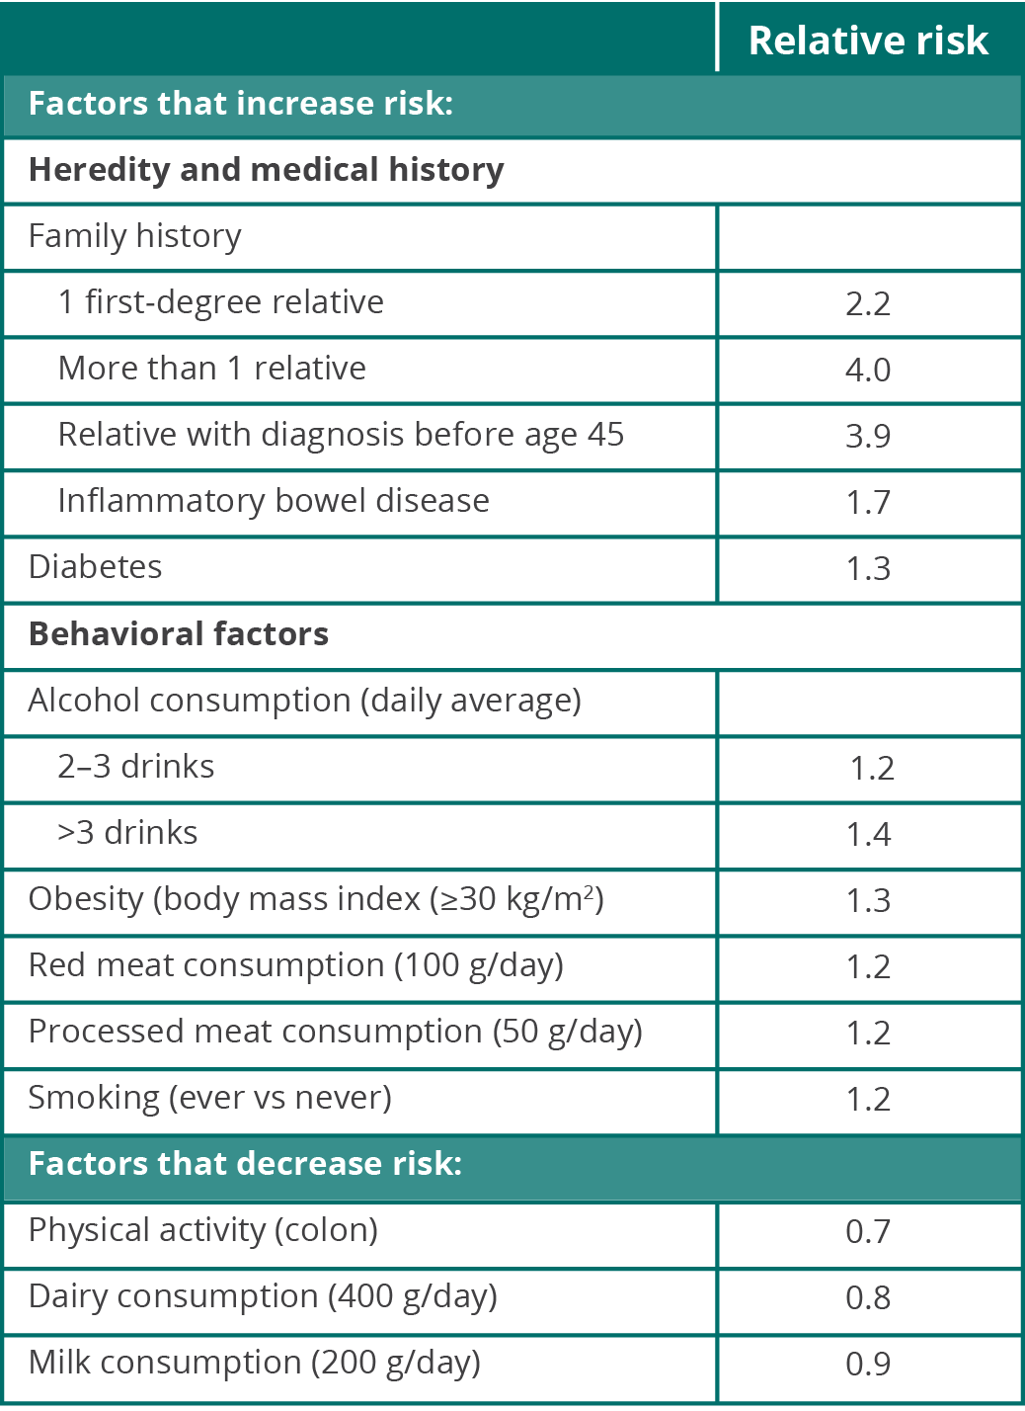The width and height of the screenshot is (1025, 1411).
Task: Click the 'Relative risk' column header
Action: click(x=868, y=41)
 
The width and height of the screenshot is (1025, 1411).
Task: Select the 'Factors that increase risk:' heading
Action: click(x=241, y=104)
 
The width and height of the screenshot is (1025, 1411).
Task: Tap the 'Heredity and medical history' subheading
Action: click(x=267, y=170)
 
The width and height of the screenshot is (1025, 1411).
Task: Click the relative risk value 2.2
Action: click(x=868, y=303)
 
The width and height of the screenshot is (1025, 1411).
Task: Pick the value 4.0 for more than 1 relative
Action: click(x=868, y=370)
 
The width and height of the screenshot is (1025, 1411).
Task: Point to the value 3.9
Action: click(x=868, y=436)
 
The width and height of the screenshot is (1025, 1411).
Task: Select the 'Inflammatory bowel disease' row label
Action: click(x=274, y=501)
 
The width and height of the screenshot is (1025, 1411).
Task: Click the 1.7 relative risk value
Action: click(x=868, y=502)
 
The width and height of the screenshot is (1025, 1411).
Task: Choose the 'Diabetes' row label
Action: click(x=96, y=567)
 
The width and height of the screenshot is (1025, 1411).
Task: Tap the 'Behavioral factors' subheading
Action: click(x=179, y=633)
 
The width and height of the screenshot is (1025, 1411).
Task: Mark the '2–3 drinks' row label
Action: click(x=136, y=767)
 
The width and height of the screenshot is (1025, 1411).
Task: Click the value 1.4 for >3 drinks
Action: click(x=868, y=835)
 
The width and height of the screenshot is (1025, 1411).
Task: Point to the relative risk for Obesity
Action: click(x=868, y=901)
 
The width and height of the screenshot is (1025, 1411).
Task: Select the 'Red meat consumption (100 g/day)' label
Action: click(x=296, y=965)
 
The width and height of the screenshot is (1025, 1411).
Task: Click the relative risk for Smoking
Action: click(x=868, y=1100)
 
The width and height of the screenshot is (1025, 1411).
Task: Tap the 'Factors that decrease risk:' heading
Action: click(x=245, y=1164)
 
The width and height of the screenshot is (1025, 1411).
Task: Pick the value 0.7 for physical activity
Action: click(x=868, y=1232)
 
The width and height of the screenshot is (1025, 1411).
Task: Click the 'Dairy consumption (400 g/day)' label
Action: click(x=263, y=1296)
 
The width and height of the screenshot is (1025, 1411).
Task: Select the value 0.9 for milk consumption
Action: click(x=868, y=1365)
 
